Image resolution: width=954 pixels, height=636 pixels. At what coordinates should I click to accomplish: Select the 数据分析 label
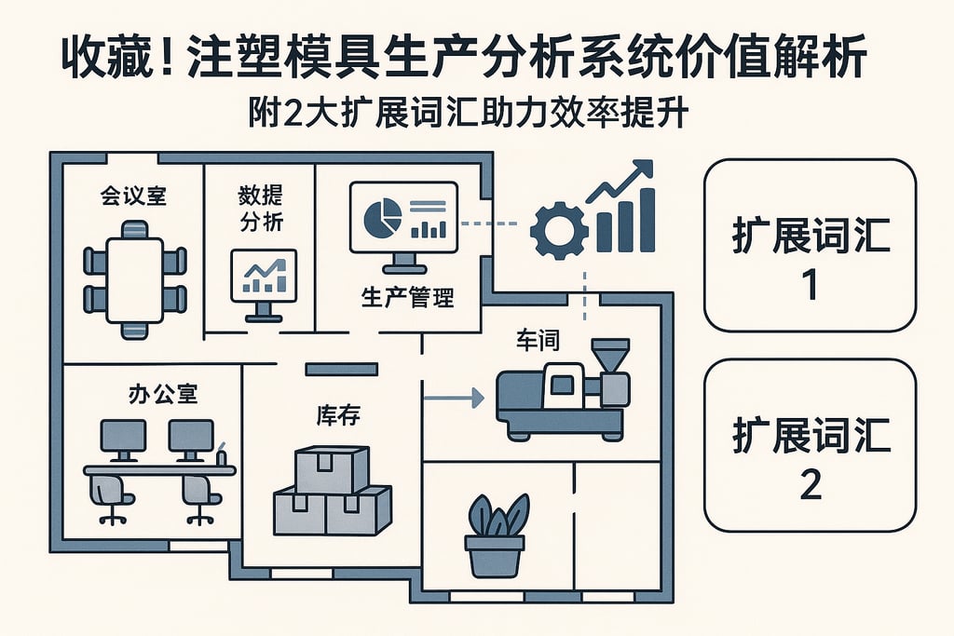pyautogui.click(x=261, y=209)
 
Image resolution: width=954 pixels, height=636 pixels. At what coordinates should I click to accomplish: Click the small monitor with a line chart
pyautogui.click(x=263, y=277)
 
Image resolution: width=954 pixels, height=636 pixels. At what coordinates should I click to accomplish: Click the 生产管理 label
pyautogui.click(x=407, y=300)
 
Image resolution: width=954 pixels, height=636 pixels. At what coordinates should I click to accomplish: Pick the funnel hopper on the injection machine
pyautogui.click(x=610, y=355)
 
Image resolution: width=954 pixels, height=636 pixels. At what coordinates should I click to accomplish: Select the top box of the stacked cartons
pyautogui.click(x=332, y=467)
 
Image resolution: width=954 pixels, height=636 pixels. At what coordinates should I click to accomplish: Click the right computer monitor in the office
pyautogui.click(x=191, y=436)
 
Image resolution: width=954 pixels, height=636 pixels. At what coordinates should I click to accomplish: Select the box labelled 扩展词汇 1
pyautogui.click(x=810, y=245)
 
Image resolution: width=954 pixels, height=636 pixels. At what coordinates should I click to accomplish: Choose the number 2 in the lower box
pyautogui.click(x=811, y=484)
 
